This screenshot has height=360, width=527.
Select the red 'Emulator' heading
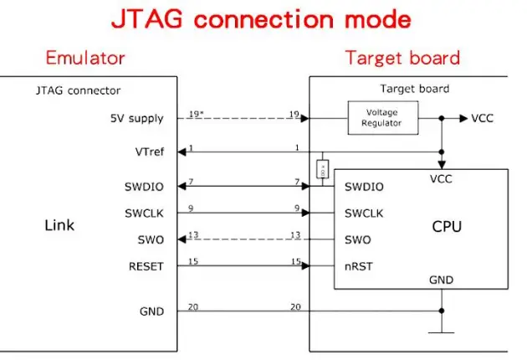click(x=84, y=59)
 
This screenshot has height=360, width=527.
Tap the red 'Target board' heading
click(x=402, y=59)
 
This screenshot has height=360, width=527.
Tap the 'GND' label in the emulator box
click(x=151, y=311)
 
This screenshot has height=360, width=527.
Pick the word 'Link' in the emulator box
click(x=59, y=225)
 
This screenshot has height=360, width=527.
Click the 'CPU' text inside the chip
click(x=446, y=226)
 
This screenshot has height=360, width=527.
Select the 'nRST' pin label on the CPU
click(x=358, y=267)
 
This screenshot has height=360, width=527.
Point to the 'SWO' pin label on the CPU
click(x=357, y=240)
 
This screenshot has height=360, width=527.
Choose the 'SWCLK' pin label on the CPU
click(x=364, y=213)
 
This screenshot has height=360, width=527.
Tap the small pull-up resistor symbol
click(x=322, y=171)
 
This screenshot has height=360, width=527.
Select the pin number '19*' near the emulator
click(x=195, y=112)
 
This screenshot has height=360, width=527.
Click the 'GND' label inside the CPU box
click(x=442, y=280)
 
